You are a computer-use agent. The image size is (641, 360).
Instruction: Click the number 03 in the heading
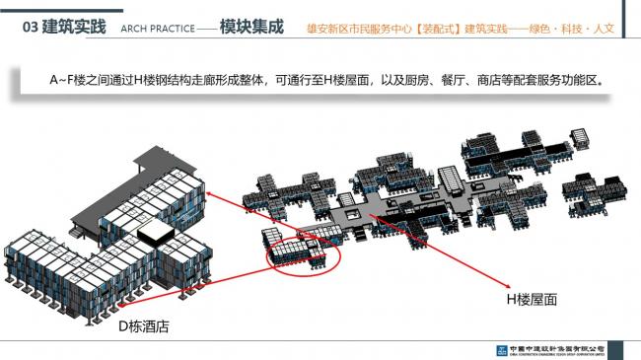31,28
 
